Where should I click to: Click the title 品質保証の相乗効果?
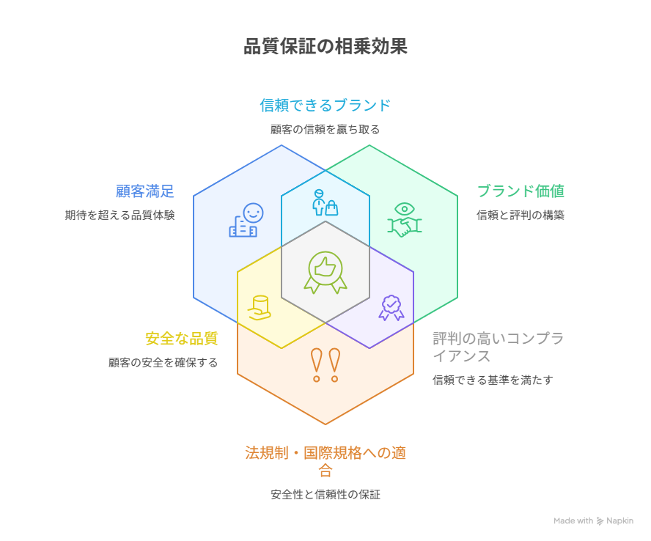(x=325, y=47)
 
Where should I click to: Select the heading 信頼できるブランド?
(x=325, y=105)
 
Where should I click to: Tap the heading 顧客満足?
(x=145, y=191)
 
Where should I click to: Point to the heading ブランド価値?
(x=521, y=191)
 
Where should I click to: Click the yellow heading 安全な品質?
(x=181, y=339)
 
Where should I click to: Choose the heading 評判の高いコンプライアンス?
(x=498, y=347)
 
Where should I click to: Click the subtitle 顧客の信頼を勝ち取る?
(x=325, y=129)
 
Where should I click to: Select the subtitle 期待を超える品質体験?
(x=119, y=216)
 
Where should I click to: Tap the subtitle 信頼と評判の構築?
(x=521, y=216)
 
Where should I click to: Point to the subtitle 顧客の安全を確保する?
(x=163, y=362)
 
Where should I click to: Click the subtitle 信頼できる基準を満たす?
(x=493, y=380)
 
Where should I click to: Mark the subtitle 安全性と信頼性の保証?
(x=325, y=494)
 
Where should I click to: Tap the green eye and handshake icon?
(x=403, y=219)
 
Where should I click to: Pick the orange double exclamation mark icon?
(x=325, y=364)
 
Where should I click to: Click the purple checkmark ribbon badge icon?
(x=391, y=307)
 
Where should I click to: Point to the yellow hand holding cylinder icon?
(x=260, y=308)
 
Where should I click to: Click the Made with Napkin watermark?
(x=593, y=520)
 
